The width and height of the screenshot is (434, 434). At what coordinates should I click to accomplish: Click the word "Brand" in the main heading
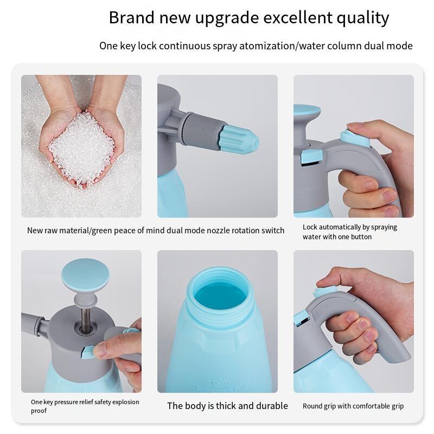pyautogui.click(x=131, y=18)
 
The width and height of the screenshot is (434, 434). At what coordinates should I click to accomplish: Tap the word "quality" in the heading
pyautogui.click(x=362, y=19)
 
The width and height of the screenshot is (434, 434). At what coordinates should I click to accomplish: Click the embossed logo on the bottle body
pyautogui.click(x=218, y=385)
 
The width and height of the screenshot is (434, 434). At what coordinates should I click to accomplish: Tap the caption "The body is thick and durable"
pyautogui.click(x=227, y=406)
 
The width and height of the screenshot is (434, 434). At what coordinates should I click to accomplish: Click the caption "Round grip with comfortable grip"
pyautogui.click(x=353, y=406)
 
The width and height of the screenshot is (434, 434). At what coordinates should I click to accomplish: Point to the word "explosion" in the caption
pyautogui.click(x=126, y=402)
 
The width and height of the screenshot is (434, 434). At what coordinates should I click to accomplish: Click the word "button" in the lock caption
pyautogui.click(x=361, y=237)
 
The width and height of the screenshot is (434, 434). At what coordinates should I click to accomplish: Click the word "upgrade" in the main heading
pyautogui.click(x=227, y=19)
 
